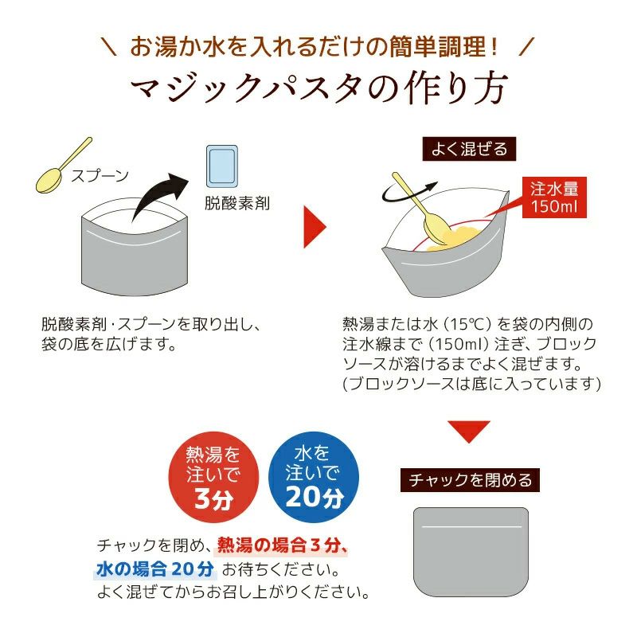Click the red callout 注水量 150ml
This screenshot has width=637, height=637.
coord(558,198)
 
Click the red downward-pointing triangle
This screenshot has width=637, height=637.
coord(468,432)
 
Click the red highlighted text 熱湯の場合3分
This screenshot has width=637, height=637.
coord(283,545)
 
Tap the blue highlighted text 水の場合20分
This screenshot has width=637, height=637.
coord(154,569)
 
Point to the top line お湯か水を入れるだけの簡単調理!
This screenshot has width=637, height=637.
coord(318,45)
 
